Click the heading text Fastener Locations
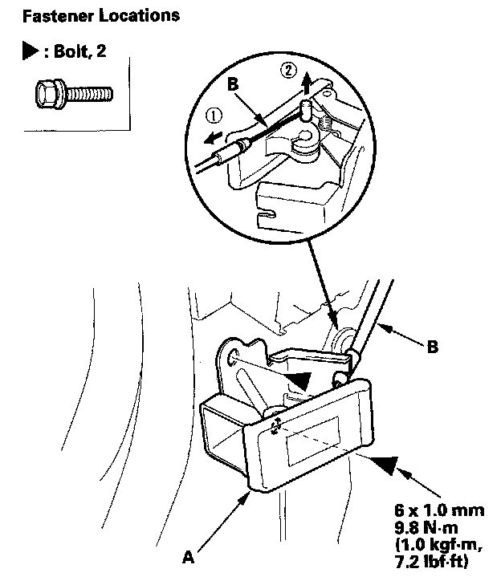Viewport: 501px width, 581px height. pyautogui.click(x=89, y=14)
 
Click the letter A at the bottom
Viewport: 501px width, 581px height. pyautogui.click(x=187, y=553)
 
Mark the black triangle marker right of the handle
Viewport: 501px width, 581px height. pyautogui.click(x=383, y=465)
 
